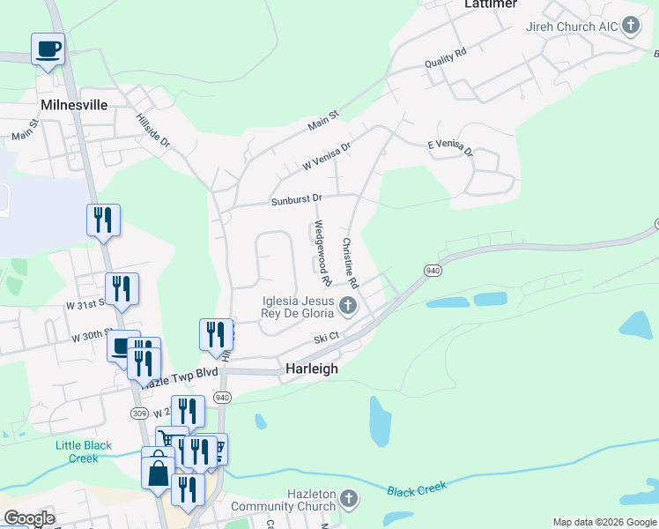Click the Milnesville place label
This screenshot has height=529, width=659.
[x=74, y=105]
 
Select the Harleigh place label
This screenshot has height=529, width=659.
[x=311, y=369]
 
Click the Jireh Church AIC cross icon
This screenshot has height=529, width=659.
[x=631, y=26]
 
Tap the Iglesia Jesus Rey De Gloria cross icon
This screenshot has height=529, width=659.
[x=348, y=306]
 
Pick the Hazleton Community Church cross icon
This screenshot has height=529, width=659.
[x=348, y=499]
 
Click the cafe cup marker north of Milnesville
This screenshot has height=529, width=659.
[x=48, y=48]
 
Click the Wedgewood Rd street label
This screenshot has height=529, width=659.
[x=321, y=254]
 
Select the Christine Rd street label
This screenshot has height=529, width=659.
[x=351, y=264]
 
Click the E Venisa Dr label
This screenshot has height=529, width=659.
[x=449, y=149]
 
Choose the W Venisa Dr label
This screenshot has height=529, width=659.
[x=327, y=156]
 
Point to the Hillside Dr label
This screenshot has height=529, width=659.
[x=152, y=130]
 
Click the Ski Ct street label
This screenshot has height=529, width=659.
[x=327, y=339]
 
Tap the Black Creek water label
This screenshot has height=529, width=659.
[x=417, y=487]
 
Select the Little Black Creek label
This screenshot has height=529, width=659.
[x=84, y=451]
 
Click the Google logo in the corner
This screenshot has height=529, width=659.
[x=29, y=518]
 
